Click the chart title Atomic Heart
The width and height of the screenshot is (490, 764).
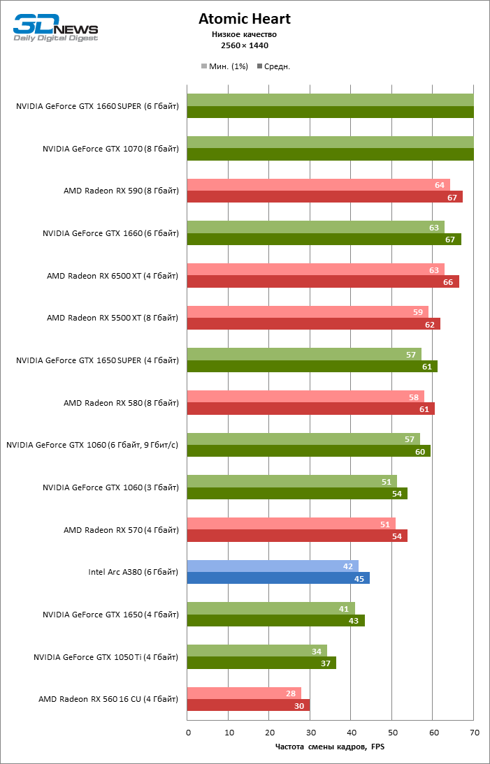click(244, 19)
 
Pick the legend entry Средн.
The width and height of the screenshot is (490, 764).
click(274, 66)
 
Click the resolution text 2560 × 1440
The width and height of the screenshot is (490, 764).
click(244, 45)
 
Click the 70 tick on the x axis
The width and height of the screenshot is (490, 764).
click(474, 733)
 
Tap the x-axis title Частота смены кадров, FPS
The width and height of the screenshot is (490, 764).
click(330, 747)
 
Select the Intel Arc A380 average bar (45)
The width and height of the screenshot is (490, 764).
click(278, 578)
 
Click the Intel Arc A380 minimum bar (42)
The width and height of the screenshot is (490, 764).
click(273, 566)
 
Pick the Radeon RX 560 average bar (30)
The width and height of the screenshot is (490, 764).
click(247, 705)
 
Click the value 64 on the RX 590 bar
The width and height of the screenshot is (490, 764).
click(440, 185)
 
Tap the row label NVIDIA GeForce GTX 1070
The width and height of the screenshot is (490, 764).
click(110, 149)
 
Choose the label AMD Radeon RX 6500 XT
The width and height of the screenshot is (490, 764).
click(113, 276)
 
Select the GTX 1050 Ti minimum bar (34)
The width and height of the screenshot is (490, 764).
click(256, 651)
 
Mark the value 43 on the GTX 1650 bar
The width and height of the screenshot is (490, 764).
click(354, 621)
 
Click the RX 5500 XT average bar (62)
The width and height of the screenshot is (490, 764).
click(313, 324)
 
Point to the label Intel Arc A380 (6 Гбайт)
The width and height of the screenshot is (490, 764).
click(133, 572)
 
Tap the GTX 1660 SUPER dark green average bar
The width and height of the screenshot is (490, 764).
click(330, 112)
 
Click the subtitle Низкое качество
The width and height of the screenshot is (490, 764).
click(244, 34)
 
